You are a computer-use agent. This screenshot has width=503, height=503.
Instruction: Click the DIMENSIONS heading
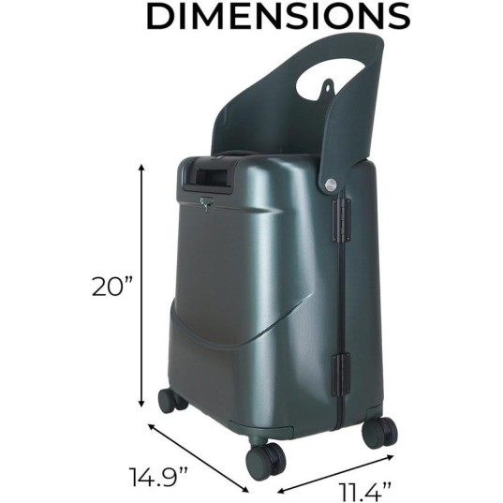coord(278,16)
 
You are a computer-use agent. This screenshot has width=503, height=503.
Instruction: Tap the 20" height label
coord(112,287)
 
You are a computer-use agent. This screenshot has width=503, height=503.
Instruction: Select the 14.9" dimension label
coord(158,477)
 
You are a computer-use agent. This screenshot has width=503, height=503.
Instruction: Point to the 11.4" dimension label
coord(365,492)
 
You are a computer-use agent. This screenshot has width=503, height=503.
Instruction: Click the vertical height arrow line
coord(141,286)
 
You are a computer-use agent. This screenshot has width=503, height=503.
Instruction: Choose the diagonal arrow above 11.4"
coord(335,473)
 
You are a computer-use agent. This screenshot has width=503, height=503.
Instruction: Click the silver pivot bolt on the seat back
coord(330,185)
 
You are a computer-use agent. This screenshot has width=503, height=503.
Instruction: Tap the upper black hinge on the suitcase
coord(341,219)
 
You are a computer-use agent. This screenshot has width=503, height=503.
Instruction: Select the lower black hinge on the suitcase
coord(341,374)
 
